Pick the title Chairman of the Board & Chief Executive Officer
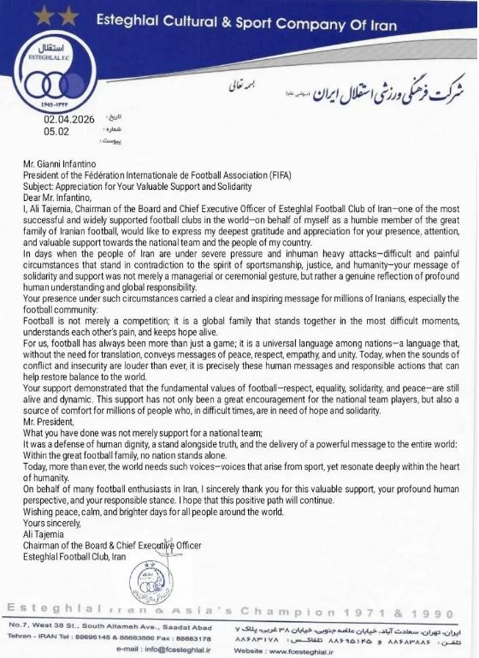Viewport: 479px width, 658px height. point(112,546)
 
